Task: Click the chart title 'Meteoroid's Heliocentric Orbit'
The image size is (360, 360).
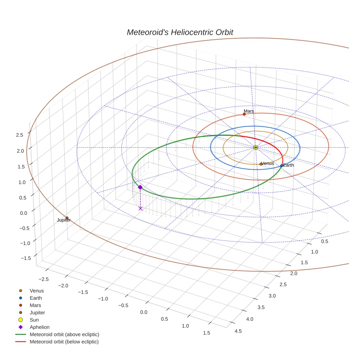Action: click(x=180, y=32)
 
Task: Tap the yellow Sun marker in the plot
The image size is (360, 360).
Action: click(x=255, y=147)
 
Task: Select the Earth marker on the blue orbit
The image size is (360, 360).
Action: click(x=281, y=166)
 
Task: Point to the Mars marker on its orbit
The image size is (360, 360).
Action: click(x=244, y=114)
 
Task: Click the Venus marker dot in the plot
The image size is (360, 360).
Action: click(x=261, y=164)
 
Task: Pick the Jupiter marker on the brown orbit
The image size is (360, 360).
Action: click(x=67, y=218)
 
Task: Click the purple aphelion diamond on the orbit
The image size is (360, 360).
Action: click(x=140, y=187)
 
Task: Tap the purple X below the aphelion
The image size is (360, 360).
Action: click(x=140, y=209)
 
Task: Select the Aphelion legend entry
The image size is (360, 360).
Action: click(x=39, y=327)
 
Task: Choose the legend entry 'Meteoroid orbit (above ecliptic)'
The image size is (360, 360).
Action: click(x=64, y=334)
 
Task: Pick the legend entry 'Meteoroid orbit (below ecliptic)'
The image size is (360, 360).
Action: click(x=64, y=342)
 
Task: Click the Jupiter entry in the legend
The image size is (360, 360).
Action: click(x=37, y=312)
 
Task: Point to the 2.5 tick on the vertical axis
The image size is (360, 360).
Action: click(x=20, y=135)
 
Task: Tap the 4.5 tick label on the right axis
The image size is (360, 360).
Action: click(x=238, y=331)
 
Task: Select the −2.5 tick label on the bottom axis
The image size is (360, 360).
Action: click(x=44, y=279)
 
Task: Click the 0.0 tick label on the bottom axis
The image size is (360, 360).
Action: click(x=143, y=312)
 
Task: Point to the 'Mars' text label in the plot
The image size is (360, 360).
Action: click(x=249, y=111)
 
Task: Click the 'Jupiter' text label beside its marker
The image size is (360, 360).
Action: click(x=64, y=220)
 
